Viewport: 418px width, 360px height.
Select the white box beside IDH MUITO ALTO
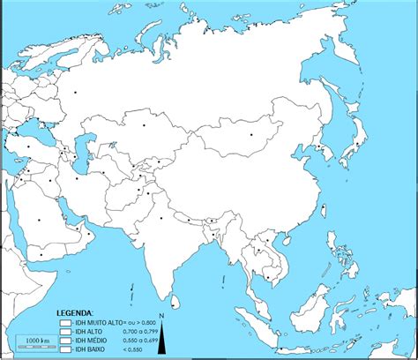pos(64,324)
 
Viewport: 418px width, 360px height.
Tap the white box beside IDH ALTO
pos(64,332)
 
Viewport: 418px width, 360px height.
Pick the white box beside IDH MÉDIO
pos(64,340)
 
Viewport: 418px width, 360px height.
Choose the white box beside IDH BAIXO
pos(64,348)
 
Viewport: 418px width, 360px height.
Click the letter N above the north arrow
pos(162,316)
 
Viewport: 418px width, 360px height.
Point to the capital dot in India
pos(161,218)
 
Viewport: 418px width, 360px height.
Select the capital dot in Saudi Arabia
pos(41,221)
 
